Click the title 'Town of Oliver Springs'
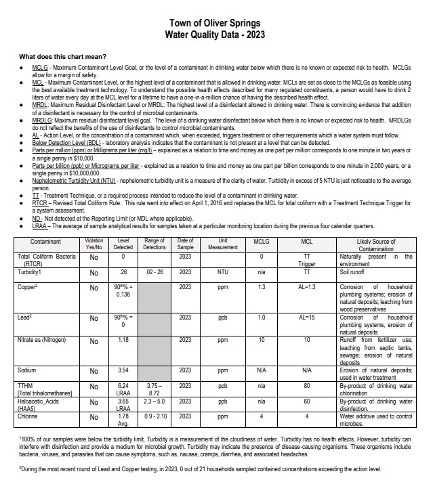216,22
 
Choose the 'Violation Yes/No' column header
94,244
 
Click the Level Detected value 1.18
123,340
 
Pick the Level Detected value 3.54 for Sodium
123,371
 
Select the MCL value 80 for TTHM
307,386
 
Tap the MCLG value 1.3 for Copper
262,287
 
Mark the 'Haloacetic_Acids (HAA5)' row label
39,405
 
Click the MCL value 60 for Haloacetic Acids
307,401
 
